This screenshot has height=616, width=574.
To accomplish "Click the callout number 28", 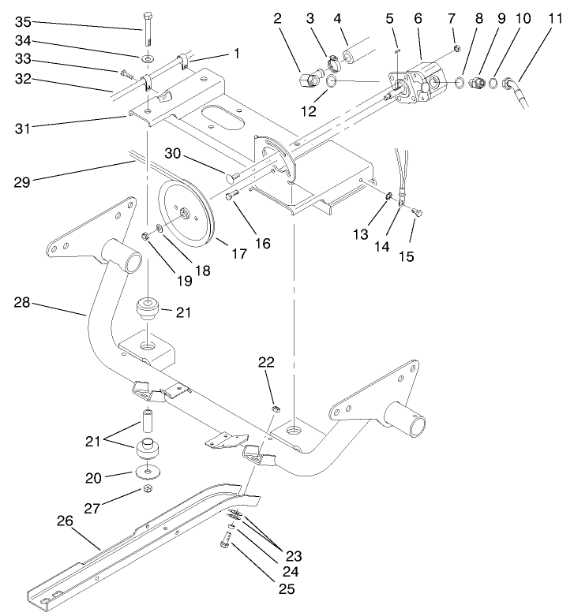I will tap(21, 302).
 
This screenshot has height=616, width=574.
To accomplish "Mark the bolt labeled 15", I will tap(418, 213).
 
